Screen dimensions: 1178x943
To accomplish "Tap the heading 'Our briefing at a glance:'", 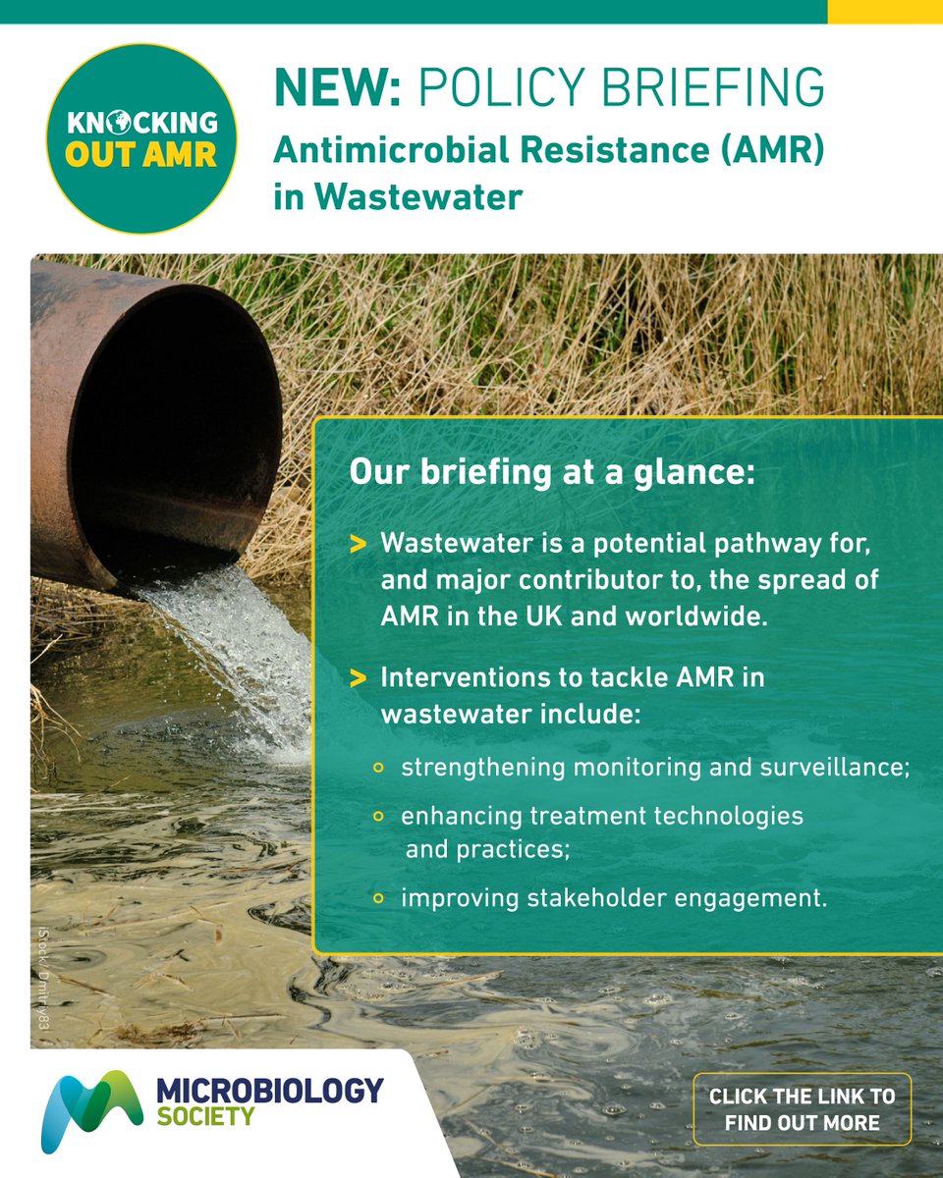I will (x=552, y=471).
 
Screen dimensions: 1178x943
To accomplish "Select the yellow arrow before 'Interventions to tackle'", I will (x=360, y=678).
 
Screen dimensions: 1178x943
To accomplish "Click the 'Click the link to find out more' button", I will (x=802, y=1109).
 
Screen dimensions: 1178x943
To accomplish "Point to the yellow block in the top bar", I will (x=884, y=11).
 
